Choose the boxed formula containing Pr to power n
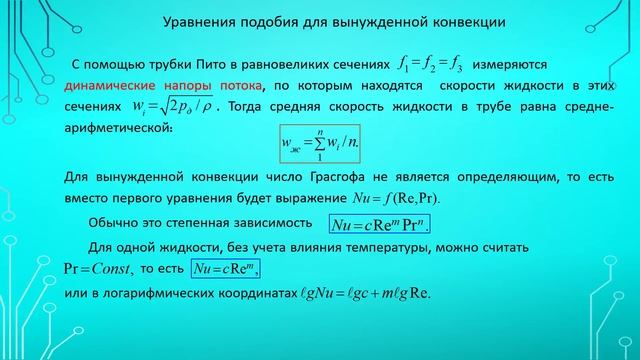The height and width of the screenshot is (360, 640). click(x=386, y=222)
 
